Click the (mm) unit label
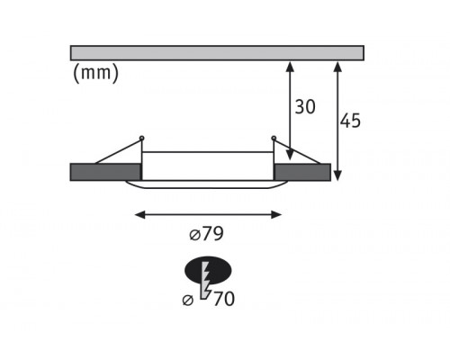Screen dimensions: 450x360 95,73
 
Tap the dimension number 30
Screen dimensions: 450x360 305,107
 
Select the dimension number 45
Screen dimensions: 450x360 350,121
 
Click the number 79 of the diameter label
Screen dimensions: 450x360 212,234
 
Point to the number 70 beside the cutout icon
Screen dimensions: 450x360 223,299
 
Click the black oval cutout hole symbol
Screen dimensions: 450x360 208,271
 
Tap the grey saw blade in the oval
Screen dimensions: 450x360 206,280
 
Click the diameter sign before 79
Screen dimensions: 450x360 194,235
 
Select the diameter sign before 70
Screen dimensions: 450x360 188,300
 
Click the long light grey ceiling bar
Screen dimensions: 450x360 217,53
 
